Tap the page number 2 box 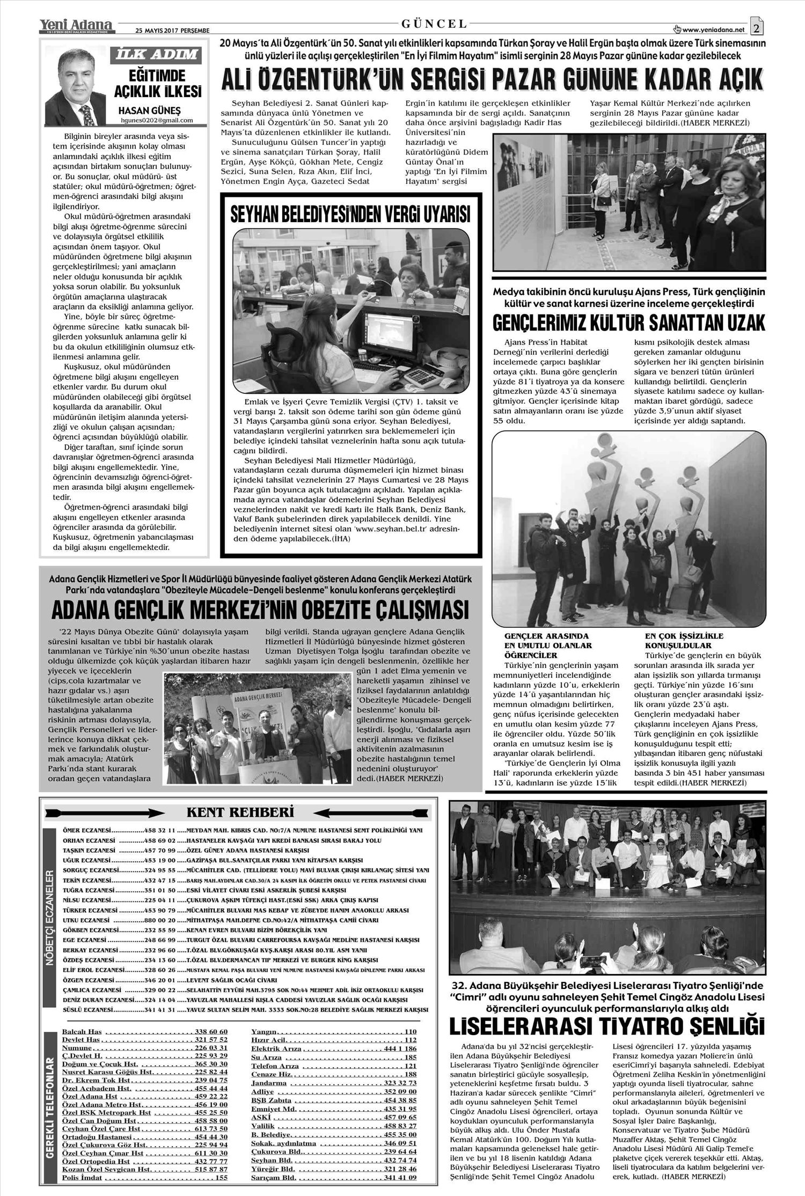(x=758, y=27)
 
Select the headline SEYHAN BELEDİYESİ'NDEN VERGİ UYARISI (x=350, y=215)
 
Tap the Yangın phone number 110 (x=411, y=1032)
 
